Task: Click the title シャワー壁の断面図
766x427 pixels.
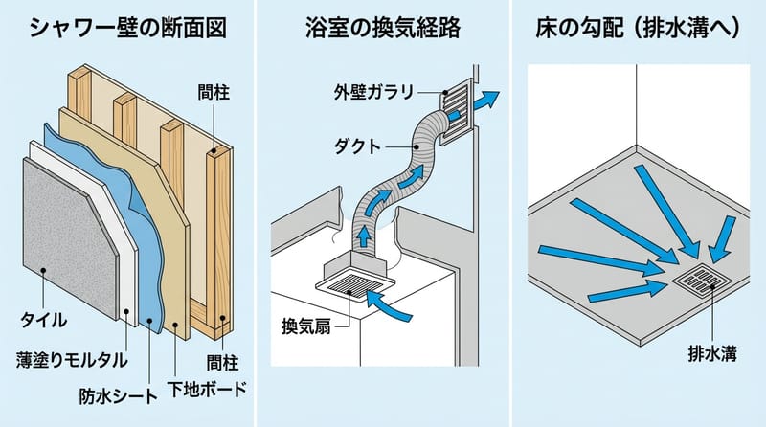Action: (x=127, y=27)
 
